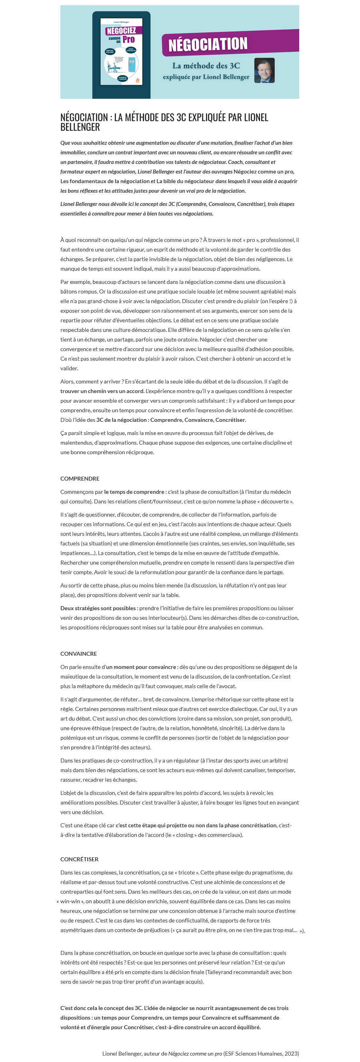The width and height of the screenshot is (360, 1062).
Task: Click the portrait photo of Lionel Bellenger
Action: [x=264, y=70]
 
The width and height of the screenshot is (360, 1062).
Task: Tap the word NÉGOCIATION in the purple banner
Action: [x=208, y=44]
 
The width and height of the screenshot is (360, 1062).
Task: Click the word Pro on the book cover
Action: [x=129, y=40]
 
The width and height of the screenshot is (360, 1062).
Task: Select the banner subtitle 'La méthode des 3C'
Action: [x=206, y=66]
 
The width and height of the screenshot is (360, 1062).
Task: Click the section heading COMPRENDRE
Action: [x=80, y=479]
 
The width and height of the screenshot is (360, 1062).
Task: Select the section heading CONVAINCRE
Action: [x=78, y=654]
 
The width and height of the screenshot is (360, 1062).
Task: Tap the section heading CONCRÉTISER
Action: [x=79, y=859]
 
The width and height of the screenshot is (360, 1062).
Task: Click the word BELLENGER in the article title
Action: [x=80, y=127]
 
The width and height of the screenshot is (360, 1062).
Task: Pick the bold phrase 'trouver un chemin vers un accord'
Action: [x=102, y=391]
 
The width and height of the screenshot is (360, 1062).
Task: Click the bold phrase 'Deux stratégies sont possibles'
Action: [x=98, y=608]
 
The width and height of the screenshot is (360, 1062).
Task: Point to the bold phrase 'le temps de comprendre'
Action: [x=134, y=492]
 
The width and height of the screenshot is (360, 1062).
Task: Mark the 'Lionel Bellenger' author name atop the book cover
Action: [x=121, y=22]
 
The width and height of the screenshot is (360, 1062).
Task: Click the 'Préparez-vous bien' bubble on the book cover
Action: [x=110, y=52]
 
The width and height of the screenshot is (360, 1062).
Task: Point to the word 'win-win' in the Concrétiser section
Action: [x=70, y=901]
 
